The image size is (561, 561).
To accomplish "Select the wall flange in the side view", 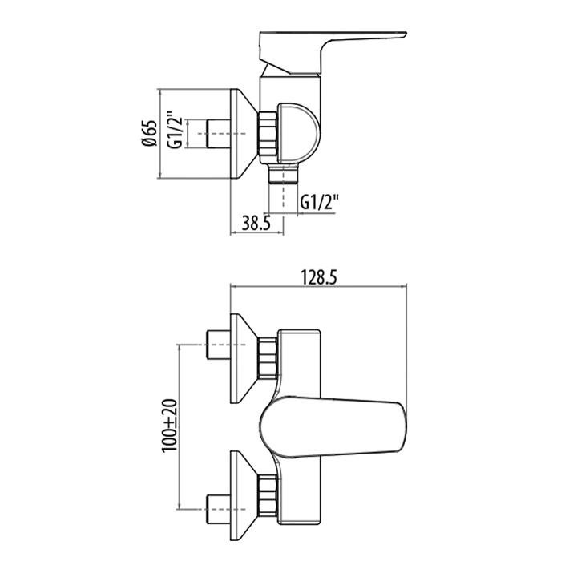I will coord(244,131).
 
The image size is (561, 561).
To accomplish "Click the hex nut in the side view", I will coord(267,133).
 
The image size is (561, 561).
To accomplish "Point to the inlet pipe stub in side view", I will coord(217,131).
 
